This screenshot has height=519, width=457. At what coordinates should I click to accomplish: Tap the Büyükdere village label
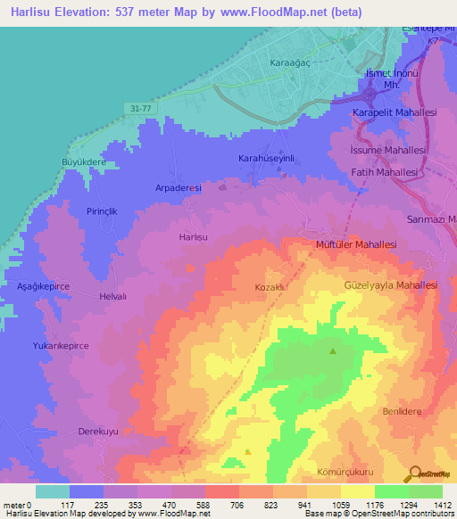[x=83, y=162]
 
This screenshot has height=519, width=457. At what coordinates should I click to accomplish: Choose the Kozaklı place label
[x=269, y=288]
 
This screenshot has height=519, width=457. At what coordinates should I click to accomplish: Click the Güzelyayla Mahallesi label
[x=390, y=285]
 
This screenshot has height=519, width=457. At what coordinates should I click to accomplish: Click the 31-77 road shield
[x=138, y=108]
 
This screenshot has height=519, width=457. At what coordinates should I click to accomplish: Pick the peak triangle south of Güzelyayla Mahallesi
[x=333, y=351]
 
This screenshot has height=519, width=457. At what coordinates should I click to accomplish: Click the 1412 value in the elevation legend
[x=442, y=504]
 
